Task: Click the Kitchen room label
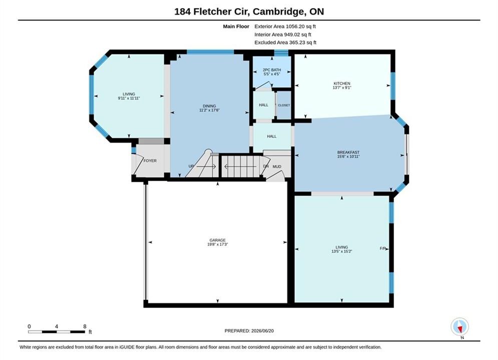(342, 83)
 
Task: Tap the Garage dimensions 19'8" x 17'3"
(218, 244)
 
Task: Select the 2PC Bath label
(272, 70)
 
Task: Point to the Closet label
(284, 105)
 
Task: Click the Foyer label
(150, 161)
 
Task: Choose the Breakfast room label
(348, 152)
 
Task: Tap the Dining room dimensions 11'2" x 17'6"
(209, 110)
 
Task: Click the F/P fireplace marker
(383, 248)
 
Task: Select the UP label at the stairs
(191, 166)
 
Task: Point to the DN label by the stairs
(266, 166)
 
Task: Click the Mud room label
(277, 166)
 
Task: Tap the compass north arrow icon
(459, 326)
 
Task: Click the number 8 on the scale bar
(85, 326)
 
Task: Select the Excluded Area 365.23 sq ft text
(285, 42)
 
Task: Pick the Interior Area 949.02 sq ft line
(283, 34)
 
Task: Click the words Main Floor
(236, 26)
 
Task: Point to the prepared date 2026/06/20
(262, 331)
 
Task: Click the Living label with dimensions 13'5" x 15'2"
(342, 249)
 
